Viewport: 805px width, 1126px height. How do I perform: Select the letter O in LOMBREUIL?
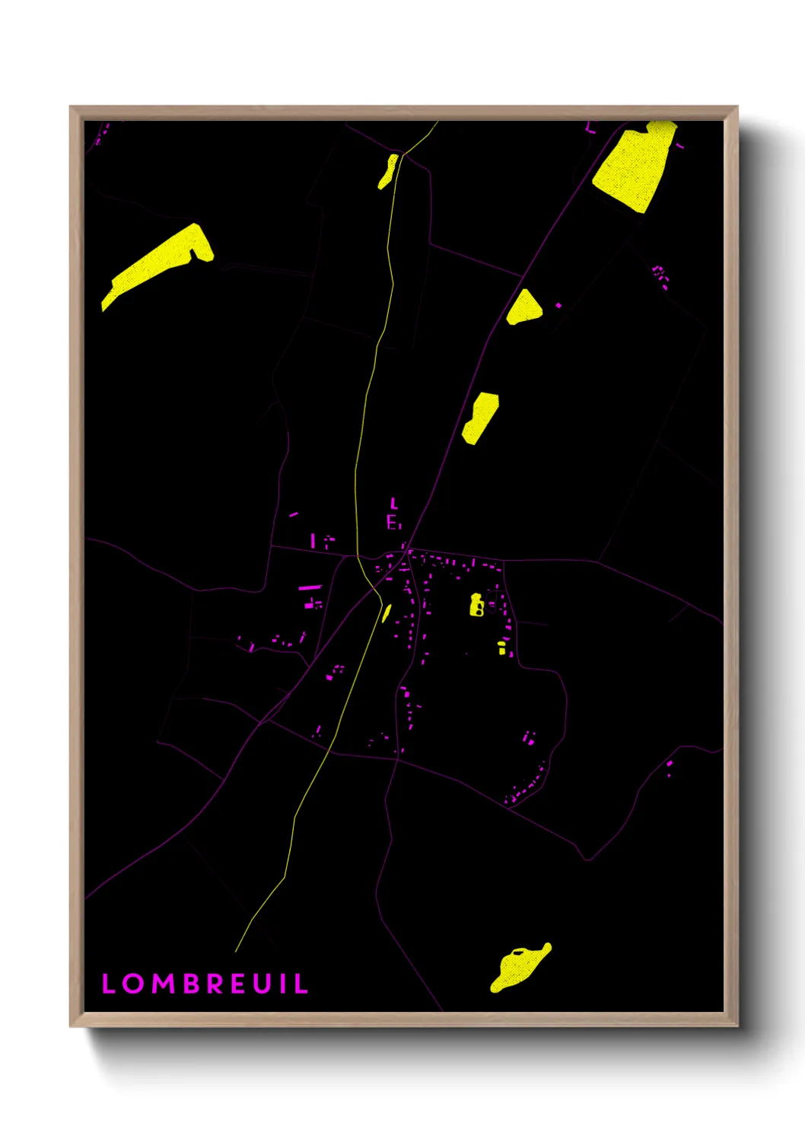(x=134, y=984)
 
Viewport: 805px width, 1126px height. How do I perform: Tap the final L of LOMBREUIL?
(x=302, y=984)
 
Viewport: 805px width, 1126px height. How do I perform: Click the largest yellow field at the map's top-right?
(x=635, y=167)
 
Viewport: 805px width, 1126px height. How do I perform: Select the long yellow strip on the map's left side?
(x=160, y=262)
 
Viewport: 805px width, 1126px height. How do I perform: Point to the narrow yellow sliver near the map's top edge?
(x=388, y=171)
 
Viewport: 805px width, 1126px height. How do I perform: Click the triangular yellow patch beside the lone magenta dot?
(x=523, y=308)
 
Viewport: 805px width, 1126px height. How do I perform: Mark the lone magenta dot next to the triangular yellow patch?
(x=558, y=305)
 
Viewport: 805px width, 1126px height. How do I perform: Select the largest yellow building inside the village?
(x=476, y=605)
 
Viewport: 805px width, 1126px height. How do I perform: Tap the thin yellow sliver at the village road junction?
(x=387, y=612)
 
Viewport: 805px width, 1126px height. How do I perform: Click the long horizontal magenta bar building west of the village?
(x=310, y=587)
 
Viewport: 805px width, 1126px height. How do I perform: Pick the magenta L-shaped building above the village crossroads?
(x=393, y=503)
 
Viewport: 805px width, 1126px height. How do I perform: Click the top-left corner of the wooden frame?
(x=72, y=108)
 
